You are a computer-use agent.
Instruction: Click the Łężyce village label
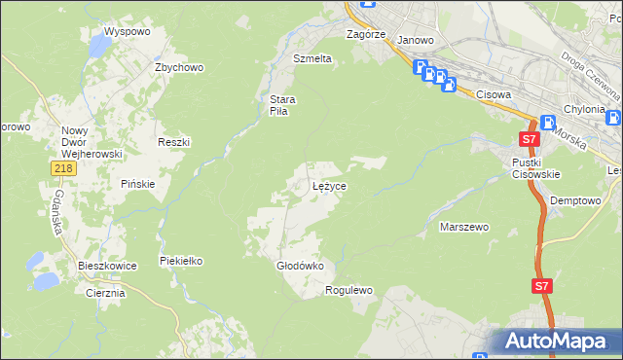(330, 185)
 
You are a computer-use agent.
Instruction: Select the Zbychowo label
(178, 67)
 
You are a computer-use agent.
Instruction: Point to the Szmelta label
(312, 58)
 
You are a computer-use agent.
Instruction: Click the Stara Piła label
(282, 105)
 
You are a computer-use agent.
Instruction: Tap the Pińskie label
(138, 184)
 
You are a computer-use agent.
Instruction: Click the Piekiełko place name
(181, 262)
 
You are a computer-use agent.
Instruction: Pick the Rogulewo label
(348, 290)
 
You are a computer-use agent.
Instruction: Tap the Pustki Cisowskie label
(535, 168)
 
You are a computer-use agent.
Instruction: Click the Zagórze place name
(367, 33)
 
